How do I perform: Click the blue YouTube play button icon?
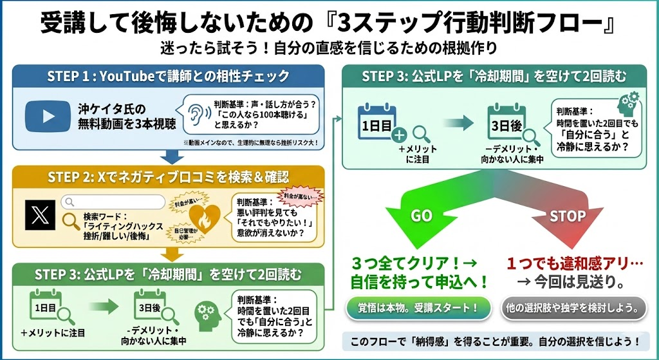(x=48, y=114)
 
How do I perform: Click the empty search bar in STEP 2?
(x=113, y=201)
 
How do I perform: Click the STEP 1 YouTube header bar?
(x=168, y=75)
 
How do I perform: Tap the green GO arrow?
(x=422, y=216)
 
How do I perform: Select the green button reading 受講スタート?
(x=419, y=307)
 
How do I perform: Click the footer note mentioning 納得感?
(x=495, y=340)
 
